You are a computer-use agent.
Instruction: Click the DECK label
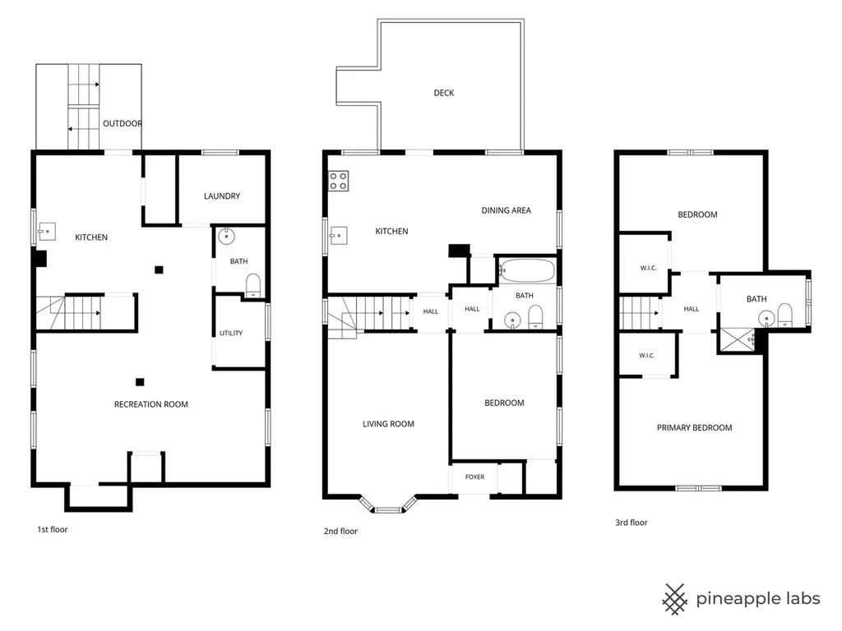pyautogui.click(x=443, y=93)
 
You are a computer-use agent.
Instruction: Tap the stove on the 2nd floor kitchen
pyautogui.click(x=338, y=181)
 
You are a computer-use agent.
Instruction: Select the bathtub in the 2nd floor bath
pyautogui.click(x=527, y=271)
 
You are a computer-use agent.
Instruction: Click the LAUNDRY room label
pyautogui.click(x=222, y=196)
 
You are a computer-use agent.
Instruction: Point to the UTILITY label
pyautogui.click(x=231, y=334)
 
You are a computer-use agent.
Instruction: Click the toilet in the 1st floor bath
pyautogui.click(x=253, y=285)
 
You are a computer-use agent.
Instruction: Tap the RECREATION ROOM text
pyautogui.click(x=151, y=404)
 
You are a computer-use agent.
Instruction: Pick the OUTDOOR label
pyautogui.click(x=123, y=123)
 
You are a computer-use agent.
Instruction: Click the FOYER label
pyautogui.click(x=474, y=477)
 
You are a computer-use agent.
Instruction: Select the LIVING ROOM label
pyautogui.click(x=388, y=424)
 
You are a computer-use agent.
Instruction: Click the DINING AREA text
pyautogui.click(x=506, y=210)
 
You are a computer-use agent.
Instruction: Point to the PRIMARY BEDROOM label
pyautogui.click(x=694, y=427)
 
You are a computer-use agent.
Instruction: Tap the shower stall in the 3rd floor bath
pyautogui.click(x=738, y=340)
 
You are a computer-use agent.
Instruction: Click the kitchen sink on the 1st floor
pyautogui.click(x=47, y=231)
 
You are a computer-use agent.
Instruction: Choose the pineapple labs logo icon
pyautogui.click(x=674, y=599)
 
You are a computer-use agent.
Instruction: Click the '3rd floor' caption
pyautogui.click(x=631, y=523)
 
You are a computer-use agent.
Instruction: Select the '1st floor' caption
pyautogui.click(x=52, y=530)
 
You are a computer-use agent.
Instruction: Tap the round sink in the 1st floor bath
pyautogui.click(x=226, y=236)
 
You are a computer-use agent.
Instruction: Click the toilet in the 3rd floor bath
pyautogui.click(x=785, y=315)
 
